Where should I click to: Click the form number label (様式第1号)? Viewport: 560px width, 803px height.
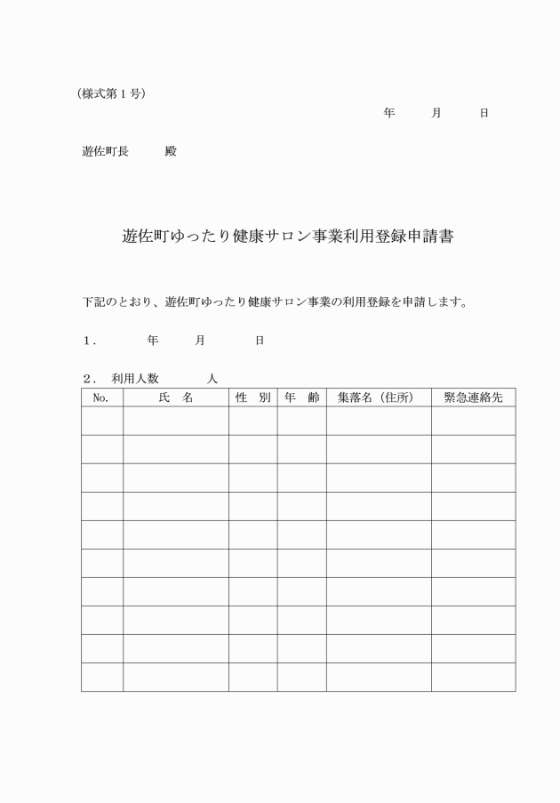click(x=111, y=94)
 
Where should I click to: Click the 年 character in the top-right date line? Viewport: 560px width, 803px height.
click(x=389, y=114)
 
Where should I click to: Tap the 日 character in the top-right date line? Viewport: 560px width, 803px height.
click(x=484, y=114)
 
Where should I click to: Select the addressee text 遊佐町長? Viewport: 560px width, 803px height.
click(x=105, y=151)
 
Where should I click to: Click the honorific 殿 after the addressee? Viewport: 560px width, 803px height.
click(x=171, y=151)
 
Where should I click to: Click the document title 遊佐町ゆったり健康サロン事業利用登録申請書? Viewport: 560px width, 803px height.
click(x=288, y=237)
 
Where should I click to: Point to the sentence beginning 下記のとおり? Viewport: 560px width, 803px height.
click(x=275, y=301)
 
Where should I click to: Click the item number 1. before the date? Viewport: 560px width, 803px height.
click(x=89, y=341)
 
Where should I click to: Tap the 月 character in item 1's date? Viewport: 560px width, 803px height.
click(x=200, y=341)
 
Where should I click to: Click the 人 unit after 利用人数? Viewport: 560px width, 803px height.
click(x=212, y=379)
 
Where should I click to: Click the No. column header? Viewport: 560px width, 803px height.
click(x=101, y=397)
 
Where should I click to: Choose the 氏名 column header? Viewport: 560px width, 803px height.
click(x=176, y=397)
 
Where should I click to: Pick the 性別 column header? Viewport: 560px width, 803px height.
click(x=252, y=397)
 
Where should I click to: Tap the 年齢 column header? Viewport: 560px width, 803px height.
click(x=301, y=397)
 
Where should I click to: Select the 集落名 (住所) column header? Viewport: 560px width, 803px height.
click(x=379, y=397)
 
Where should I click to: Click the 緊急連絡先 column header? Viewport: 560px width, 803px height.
click(x=473, y=397)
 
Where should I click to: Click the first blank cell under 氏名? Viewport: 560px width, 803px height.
click(x=176, y=422)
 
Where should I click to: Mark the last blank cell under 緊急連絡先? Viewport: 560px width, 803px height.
click(x=473, y=678)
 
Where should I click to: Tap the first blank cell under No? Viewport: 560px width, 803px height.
click(x=101, y=422)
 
